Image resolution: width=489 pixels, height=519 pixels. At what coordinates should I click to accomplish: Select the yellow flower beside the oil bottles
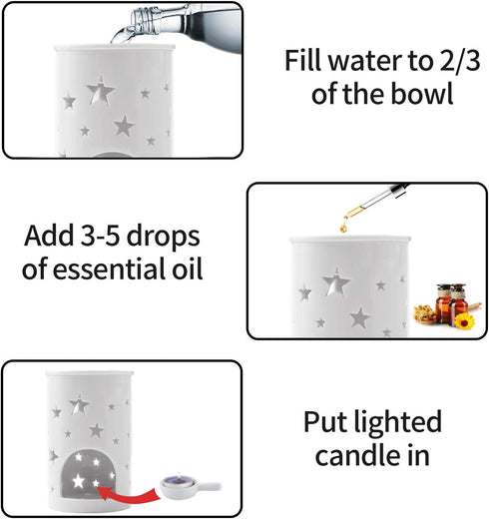click(463, 319)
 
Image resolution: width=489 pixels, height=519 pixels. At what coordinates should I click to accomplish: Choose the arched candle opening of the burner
click(83, 473)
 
